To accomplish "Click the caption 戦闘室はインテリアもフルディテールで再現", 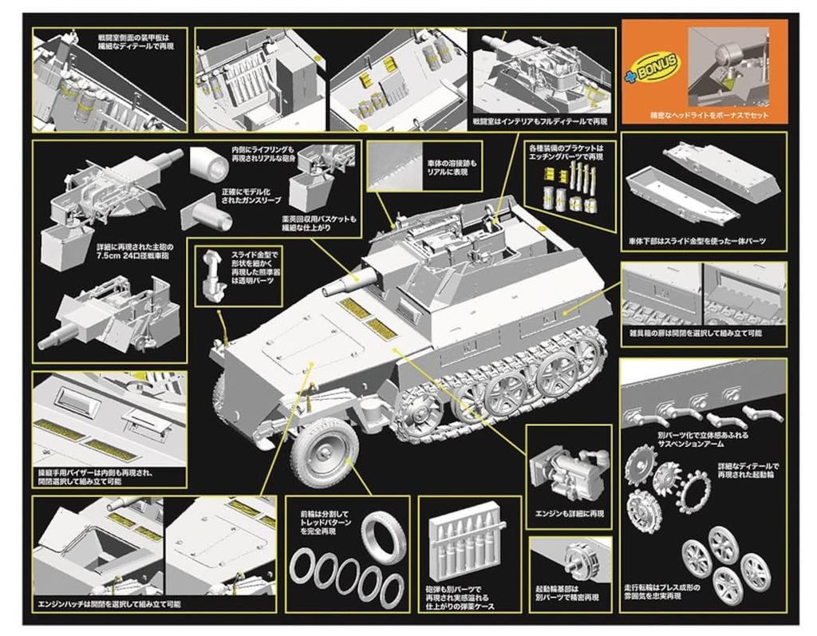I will pos(539,121).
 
